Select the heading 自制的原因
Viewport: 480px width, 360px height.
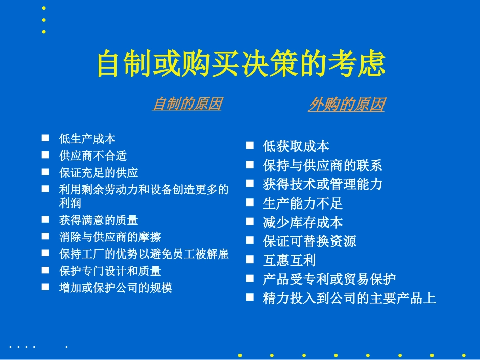pos(187,104)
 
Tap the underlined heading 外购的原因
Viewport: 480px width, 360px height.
pos(346,105)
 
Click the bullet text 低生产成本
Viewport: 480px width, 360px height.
pos(87,139)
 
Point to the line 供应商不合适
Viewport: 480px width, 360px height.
pos(92,156)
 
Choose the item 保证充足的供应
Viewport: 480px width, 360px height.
pos(99,173)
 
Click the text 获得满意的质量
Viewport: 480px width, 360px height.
pos(99,220)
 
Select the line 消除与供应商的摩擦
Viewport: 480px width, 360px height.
pos(110,237)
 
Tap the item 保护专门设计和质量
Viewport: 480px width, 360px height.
pos(110,271)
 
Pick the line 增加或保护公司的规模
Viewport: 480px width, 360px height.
pos(116,288)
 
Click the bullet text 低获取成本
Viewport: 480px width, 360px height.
pos(296,147)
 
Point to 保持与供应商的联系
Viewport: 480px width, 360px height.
pos(322,166)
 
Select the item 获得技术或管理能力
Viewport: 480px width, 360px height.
pos(322,185)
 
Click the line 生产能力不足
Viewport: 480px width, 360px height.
pos(303,203)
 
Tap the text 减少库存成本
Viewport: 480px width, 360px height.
pos(303,223)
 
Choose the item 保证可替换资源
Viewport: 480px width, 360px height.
pos(309,241)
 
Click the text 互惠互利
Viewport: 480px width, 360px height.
pos(290,261)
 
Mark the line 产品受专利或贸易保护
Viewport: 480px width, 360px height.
pos(329,279)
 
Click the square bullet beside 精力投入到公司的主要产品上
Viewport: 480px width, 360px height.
pos(250,297)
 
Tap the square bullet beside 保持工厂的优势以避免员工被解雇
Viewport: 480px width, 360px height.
pos(45,252)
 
